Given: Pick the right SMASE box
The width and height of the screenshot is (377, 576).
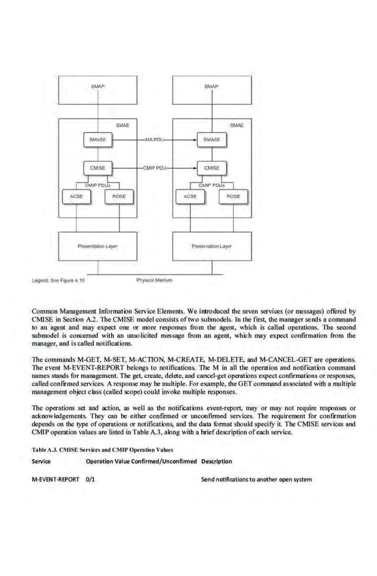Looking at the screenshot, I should tap(212, 140).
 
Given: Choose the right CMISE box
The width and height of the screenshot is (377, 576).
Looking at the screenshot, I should tap(212, 168).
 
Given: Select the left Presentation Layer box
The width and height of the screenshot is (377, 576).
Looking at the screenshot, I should tap(97, 246).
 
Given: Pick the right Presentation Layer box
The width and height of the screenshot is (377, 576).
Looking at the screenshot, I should tap(212, 246).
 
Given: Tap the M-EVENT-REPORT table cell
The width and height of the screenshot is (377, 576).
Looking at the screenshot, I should tap(56, 479).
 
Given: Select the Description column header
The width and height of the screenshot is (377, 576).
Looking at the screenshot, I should tap(216, 461).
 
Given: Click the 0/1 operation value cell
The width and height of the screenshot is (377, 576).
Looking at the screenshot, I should tap(91, 479).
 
